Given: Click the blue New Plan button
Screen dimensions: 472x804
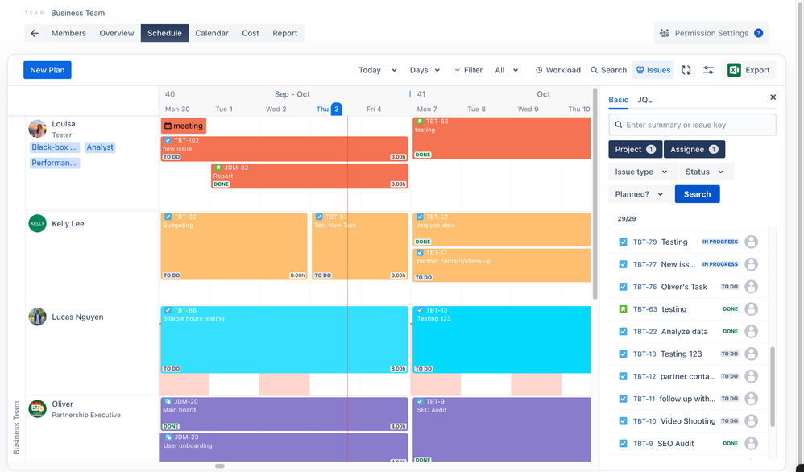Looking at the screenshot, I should point(47,70).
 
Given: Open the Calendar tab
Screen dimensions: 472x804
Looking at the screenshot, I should point(211,33).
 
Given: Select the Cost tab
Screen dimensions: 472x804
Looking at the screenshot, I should point(251,33).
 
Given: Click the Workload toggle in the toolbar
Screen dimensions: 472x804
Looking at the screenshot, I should point(557,70).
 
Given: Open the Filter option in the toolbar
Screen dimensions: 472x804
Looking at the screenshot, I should point(468,70).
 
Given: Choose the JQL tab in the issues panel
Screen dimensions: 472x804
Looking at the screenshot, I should point(644,100).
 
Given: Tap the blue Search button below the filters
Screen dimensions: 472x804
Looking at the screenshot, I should point(697,194).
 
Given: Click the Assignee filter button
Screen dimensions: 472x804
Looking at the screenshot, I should point(694,149).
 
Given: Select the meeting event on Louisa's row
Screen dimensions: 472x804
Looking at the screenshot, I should point(184,126).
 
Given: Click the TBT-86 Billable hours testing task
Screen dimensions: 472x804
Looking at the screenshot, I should point(284,338).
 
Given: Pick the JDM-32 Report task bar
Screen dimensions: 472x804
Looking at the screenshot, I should point(309,176).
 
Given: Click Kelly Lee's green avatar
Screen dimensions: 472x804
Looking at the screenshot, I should point(37,223).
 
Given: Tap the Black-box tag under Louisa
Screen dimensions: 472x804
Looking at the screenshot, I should point(55,147).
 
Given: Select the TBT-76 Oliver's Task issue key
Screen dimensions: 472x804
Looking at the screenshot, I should point(644,287).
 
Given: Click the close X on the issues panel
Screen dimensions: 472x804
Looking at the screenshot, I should point(773,97).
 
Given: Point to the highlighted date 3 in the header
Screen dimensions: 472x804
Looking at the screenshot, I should point(337,109).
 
